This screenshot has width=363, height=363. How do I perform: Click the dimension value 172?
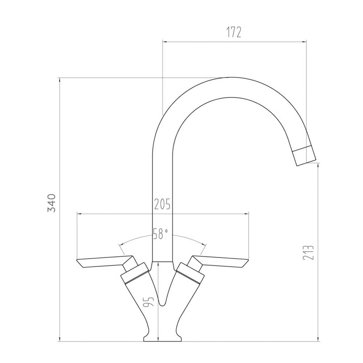[x=234, y=32]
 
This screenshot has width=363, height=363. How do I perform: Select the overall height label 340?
[x=52, y=203]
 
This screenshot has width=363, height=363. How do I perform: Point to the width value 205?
[x=162, y=205]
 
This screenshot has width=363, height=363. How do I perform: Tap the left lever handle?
[x=103, y=262]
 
